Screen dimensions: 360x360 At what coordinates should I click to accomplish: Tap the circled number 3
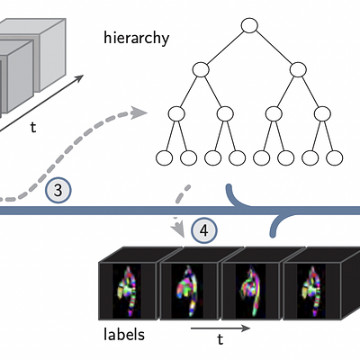point(58,191)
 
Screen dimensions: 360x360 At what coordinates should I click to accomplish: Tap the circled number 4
point(204,230)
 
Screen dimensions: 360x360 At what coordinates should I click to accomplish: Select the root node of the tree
point(249,25)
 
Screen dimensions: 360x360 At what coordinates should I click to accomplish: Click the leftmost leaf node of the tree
point(164,158)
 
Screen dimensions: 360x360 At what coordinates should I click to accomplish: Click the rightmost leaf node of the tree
point(334,158)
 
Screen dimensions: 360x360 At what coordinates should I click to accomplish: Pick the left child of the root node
point(201,69)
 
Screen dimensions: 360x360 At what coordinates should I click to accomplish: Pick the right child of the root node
point(298,69)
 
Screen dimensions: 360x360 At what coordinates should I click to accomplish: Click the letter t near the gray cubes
point(33,127)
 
